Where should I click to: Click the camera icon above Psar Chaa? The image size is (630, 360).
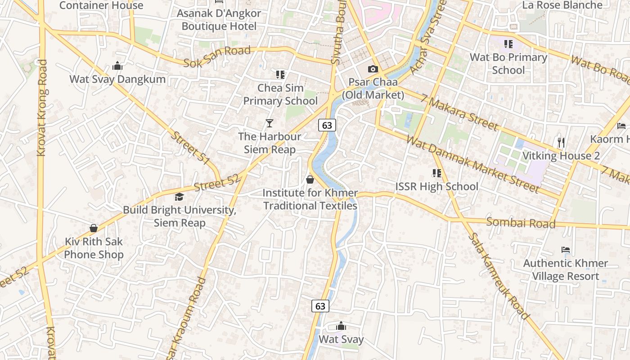coord(373,69)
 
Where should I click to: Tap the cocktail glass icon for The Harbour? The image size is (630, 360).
coord(269,123)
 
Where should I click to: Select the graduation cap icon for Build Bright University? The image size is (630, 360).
coord(179,197)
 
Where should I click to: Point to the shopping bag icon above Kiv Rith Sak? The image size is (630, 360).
coord(94,228)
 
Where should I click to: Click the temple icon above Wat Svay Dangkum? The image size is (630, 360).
coord(117,66)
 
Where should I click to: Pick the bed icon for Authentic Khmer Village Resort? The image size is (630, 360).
coord(566,250)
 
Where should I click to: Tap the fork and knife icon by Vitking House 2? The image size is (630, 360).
coord(561,143)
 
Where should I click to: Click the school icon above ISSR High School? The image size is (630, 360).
coord(436,173)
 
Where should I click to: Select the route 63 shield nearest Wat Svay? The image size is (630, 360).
coord(320,306)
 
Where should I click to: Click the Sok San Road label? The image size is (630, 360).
coord(217,57)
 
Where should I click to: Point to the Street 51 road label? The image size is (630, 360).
coord(191,148)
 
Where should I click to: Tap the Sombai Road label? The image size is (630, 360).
coord(521,223)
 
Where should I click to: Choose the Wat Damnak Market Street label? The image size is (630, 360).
coord(472,164)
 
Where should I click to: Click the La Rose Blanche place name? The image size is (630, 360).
coord(562,5)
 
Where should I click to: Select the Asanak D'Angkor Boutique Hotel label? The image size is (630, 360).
coord(219,20)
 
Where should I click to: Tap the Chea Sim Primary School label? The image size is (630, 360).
coord(280,94)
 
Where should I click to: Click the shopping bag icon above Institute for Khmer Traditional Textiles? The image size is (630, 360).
coord(310,180)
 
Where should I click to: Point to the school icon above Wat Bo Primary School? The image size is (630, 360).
coord(508,44)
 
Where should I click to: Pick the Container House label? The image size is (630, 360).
coord(101,5)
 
